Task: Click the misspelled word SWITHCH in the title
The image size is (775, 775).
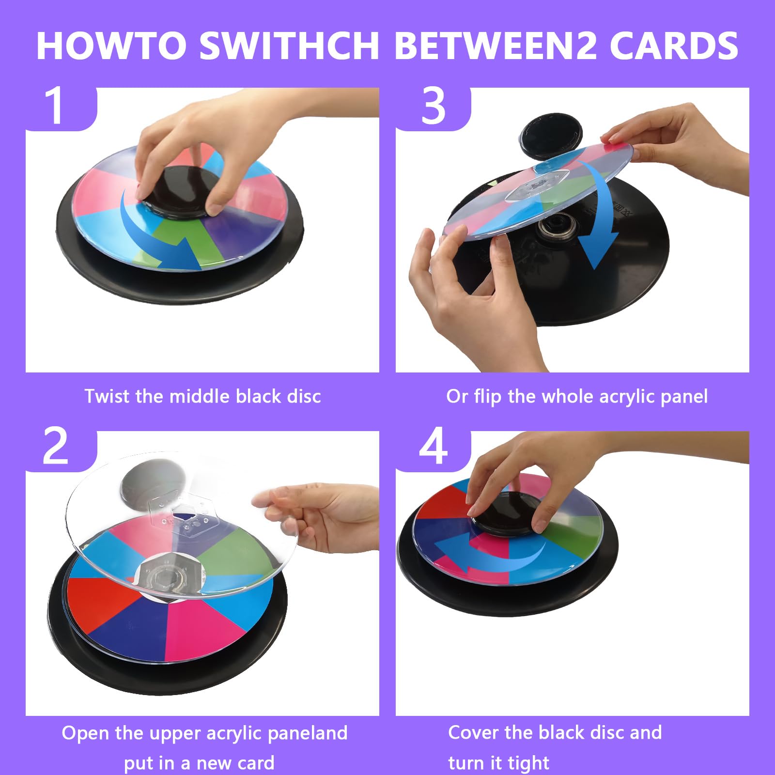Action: coord(289,46)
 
